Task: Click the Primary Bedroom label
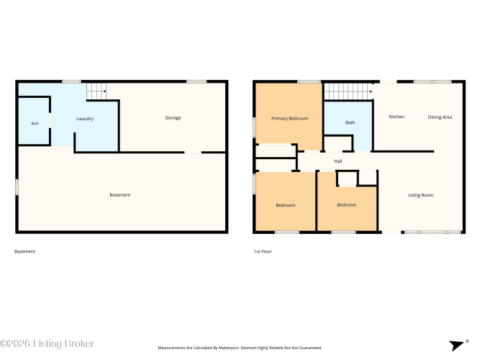coord(289,119)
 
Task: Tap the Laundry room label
coord(85,119)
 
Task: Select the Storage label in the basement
coord(173,117)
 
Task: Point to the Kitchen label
coord(397,117)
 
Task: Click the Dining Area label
coord(440,117)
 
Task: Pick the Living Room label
coord(420,195)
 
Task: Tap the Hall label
coord(338,161)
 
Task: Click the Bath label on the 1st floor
coord(350,122)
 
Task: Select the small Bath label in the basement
coord(35,123)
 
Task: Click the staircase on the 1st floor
coord(348,91)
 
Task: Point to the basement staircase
coord(96,91)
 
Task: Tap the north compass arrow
coord(457,346)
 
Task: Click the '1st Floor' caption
coord(263,251)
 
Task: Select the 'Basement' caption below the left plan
coord(24,251)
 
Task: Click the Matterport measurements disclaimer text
coord(240,348)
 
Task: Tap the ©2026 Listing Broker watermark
coord(47,343)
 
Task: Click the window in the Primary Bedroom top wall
coord(309,81)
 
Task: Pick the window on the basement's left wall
coord(17,187)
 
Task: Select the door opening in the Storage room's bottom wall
coord(193,152)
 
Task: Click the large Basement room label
coord(120,195)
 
